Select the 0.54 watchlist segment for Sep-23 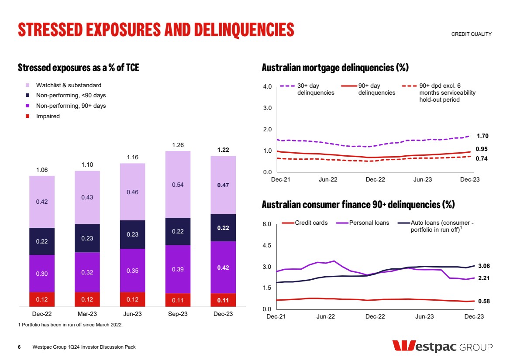click(x=178, y=185)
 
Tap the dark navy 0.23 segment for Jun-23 click(x=133, y=234)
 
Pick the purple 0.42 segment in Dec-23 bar click(x=223, y=267)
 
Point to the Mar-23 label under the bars click(x=87, y=314)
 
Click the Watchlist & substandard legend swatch click(x=28, y=85)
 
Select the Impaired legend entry click(x=48, y=117)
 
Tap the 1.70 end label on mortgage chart click(x=482, y=136)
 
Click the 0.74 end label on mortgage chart click(x=482, y=159)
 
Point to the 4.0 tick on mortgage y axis click(x=267, y=86)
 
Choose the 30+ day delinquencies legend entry click(x=316, y=89)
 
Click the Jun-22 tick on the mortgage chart click(x=328, y=179)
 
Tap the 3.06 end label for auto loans click(x=484, y=266)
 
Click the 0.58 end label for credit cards click(x=484, y=302)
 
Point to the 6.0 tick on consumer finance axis click(x=267, y=224)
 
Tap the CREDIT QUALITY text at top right click(x=471, y=34)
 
